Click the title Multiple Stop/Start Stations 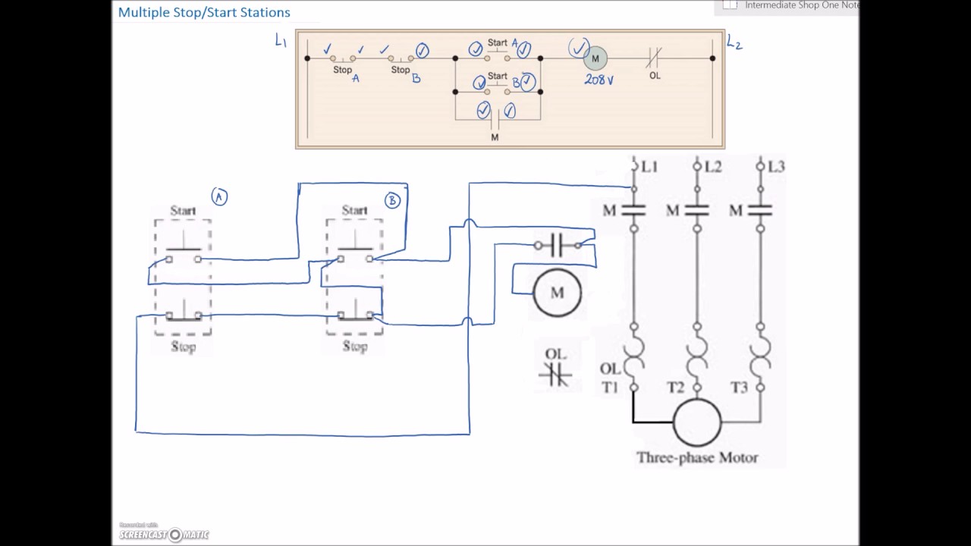coord(204,13)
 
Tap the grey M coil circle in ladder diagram coord(595,58)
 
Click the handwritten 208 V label coord(599,79)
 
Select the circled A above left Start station coord(219,197)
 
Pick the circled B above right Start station coord(392,200)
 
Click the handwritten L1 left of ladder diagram coord(281,41)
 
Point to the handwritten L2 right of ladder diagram coord(734,43)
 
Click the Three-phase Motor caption coord(697,457)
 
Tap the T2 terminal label coord(675,388)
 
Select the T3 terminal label coord(739,388)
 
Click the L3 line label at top coord(775,166)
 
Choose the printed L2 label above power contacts coord(712,166)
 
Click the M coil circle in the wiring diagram coord(558,293)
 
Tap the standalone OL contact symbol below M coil coord(555,373)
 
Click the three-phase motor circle coord(697,422)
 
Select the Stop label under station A coord(184,347)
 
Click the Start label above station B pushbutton coord(354,210)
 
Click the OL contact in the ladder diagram coord(655,58)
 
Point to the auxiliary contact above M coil coord(558,245)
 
